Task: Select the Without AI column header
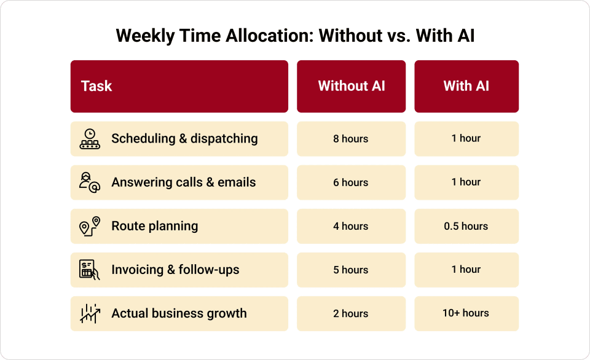(351, 86)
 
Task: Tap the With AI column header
(466, 86)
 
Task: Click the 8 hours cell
(351, 139)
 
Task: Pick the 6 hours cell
(351, 182)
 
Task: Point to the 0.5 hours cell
(466, 226)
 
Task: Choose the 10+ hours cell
(466, 313)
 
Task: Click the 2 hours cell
(351, 313)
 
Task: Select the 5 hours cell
(351, 270)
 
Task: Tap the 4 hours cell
(351, 226)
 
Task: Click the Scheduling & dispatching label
(184, 139)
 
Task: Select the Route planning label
(154, 226)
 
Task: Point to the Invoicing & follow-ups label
(175, 270)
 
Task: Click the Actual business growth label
(179, 313)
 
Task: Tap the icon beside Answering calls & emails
(90, 182)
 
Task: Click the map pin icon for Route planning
(90, 226)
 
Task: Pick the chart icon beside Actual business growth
(90, 313)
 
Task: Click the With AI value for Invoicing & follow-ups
(466, 270)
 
